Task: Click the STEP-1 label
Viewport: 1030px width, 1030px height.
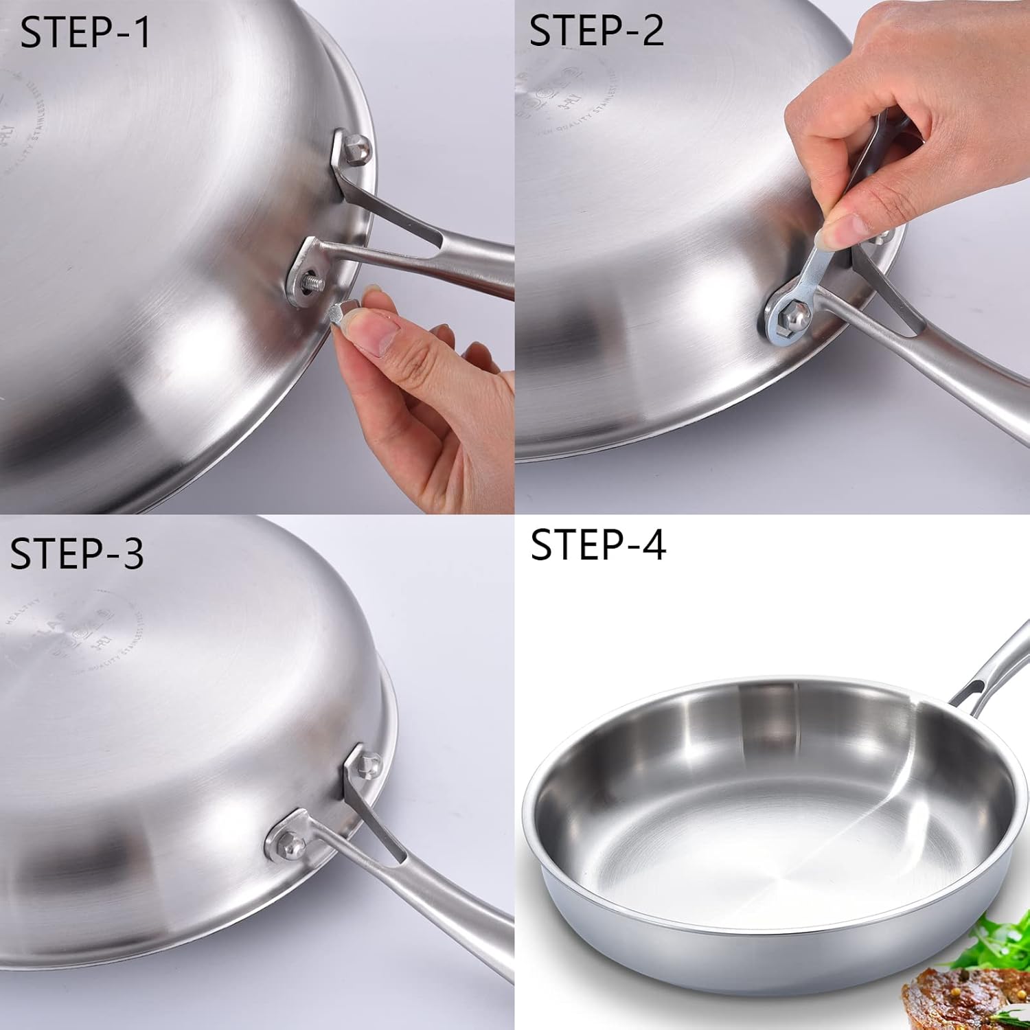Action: pos(85,32)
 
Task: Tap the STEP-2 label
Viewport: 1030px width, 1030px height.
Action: pos(596,30)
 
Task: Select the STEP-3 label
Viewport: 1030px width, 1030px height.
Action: pos(77,553)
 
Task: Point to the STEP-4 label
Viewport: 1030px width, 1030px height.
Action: pos(597,545)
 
